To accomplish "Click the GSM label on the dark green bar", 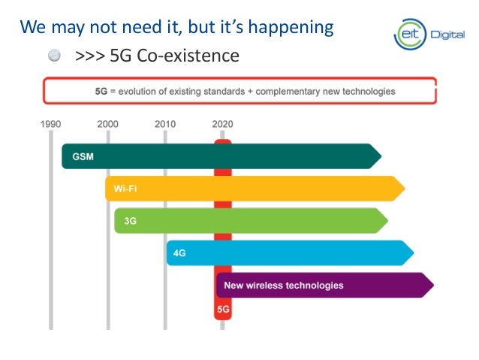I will tap(83, 157).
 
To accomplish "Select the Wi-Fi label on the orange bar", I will tap(125, 189).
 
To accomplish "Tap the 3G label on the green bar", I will tap(131, 221).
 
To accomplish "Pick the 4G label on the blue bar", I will tap(179, 253).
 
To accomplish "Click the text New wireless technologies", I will tap(283, 286).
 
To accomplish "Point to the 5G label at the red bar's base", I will tap(223, 309).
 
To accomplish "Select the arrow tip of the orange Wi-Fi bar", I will tap(402, 189).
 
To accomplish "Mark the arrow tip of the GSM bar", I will tap(378, 156).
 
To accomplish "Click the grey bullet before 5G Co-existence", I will tap(56, 56).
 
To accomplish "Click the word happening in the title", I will tap(294, 28).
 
